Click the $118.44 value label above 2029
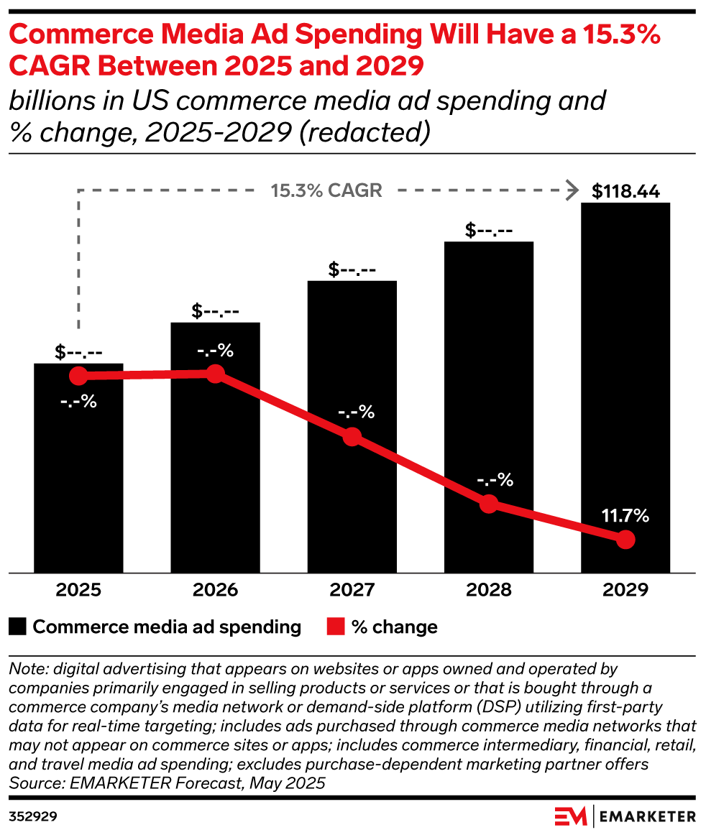625,191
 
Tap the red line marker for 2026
215,374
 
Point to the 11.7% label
625,515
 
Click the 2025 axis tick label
79,590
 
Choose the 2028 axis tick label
489,590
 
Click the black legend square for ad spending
18,627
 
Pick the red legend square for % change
336,627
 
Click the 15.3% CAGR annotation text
326,191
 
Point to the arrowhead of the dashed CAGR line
573,190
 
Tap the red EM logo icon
570,816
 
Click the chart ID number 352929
34,817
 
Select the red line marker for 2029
625,540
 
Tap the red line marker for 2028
489,504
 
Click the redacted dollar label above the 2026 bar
216,311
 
